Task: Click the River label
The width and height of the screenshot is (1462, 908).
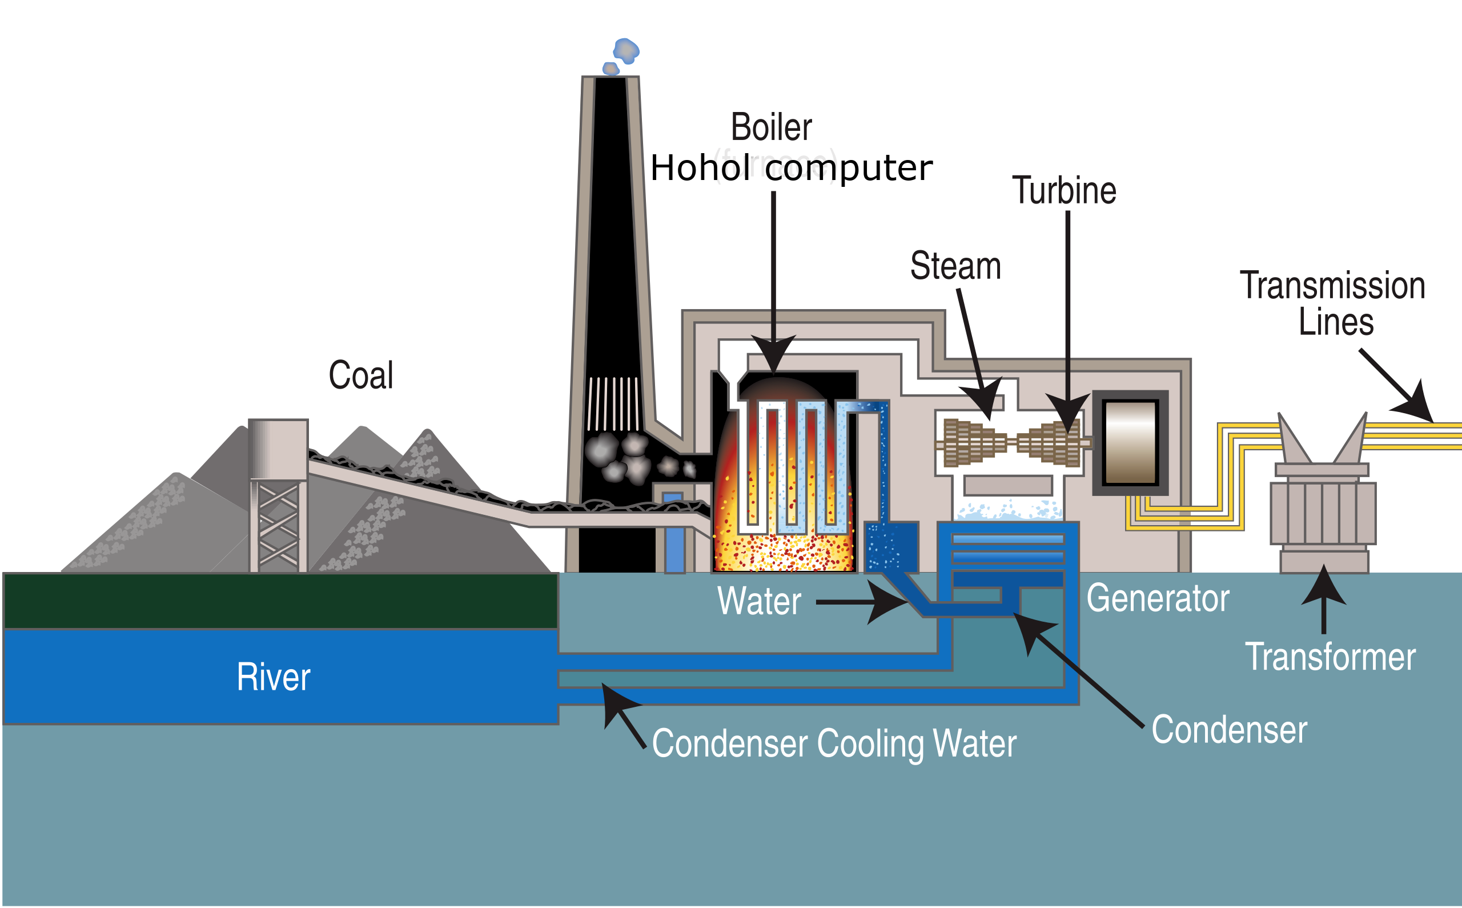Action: pos(274,677)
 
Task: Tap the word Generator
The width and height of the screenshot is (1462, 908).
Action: pos(1158,599)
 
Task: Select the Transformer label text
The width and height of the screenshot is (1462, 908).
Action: pos(1330,657)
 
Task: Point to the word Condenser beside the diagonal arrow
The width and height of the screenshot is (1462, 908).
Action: pos(1229,730)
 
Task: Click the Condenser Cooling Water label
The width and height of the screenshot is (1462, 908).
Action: pos(834,744)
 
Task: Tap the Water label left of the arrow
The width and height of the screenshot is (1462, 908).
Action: pos(759,601)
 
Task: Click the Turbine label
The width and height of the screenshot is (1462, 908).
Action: pos(1063,190)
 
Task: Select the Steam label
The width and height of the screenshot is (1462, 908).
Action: pos(956,266)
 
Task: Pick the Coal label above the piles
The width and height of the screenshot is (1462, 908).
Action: pos(362,375)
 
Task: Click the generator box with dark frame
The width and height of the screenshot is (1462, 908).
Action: pos(1130,443)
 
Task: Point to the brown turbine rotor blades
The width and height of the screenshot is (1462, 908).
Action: pos(1013,443)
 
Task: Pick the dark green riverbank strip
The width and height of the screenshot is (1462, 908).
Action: pos(281,601)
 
